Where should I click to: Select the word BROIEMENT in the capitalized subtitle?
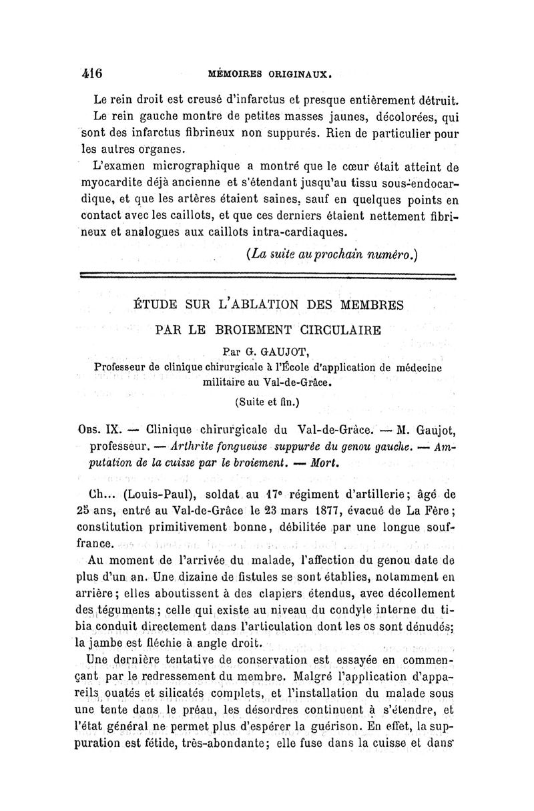point(245,329)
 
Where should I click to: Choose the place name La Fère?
point(418,511)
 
